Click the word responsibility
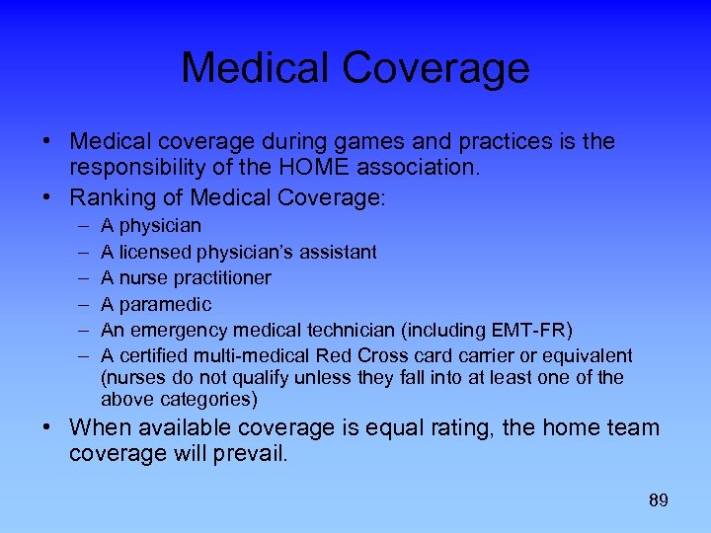click(x=142, y=169)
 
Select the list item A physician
click(x=151, y=226)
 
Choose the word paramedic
click(x=165, y=304)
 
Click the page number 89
click(x=659, y=500)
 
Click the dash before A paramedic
click(x=79, y=304)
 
